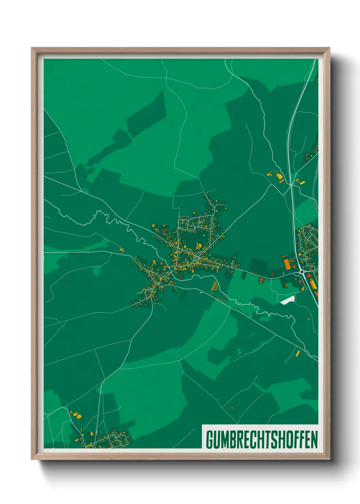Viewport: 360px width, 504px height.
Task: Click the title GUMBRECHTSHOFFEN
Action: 261,440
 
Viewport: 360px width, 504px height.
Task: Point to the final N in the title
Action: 314,440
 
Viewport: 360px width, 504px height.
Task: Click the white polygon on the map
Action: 288,300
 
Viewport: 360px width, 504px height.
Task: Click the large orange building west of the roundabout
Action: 287,264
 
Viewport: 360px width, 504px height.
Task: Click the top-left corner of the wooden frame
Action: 32,48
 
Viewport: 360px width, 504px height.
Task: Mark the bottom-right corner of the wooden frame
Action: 329,459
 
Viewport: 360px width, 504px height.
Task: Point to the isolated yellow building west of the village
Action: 121,250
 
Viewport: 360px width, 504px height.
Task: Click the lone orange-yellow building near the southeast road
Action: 298,353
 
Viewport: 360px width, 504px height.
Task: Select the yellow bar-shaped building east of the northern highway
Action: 302,183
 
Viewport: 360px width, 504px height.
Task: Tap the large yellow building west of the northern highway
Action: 280,176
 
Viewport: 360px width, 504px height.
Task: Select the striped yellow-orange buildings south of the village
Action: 214,286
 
